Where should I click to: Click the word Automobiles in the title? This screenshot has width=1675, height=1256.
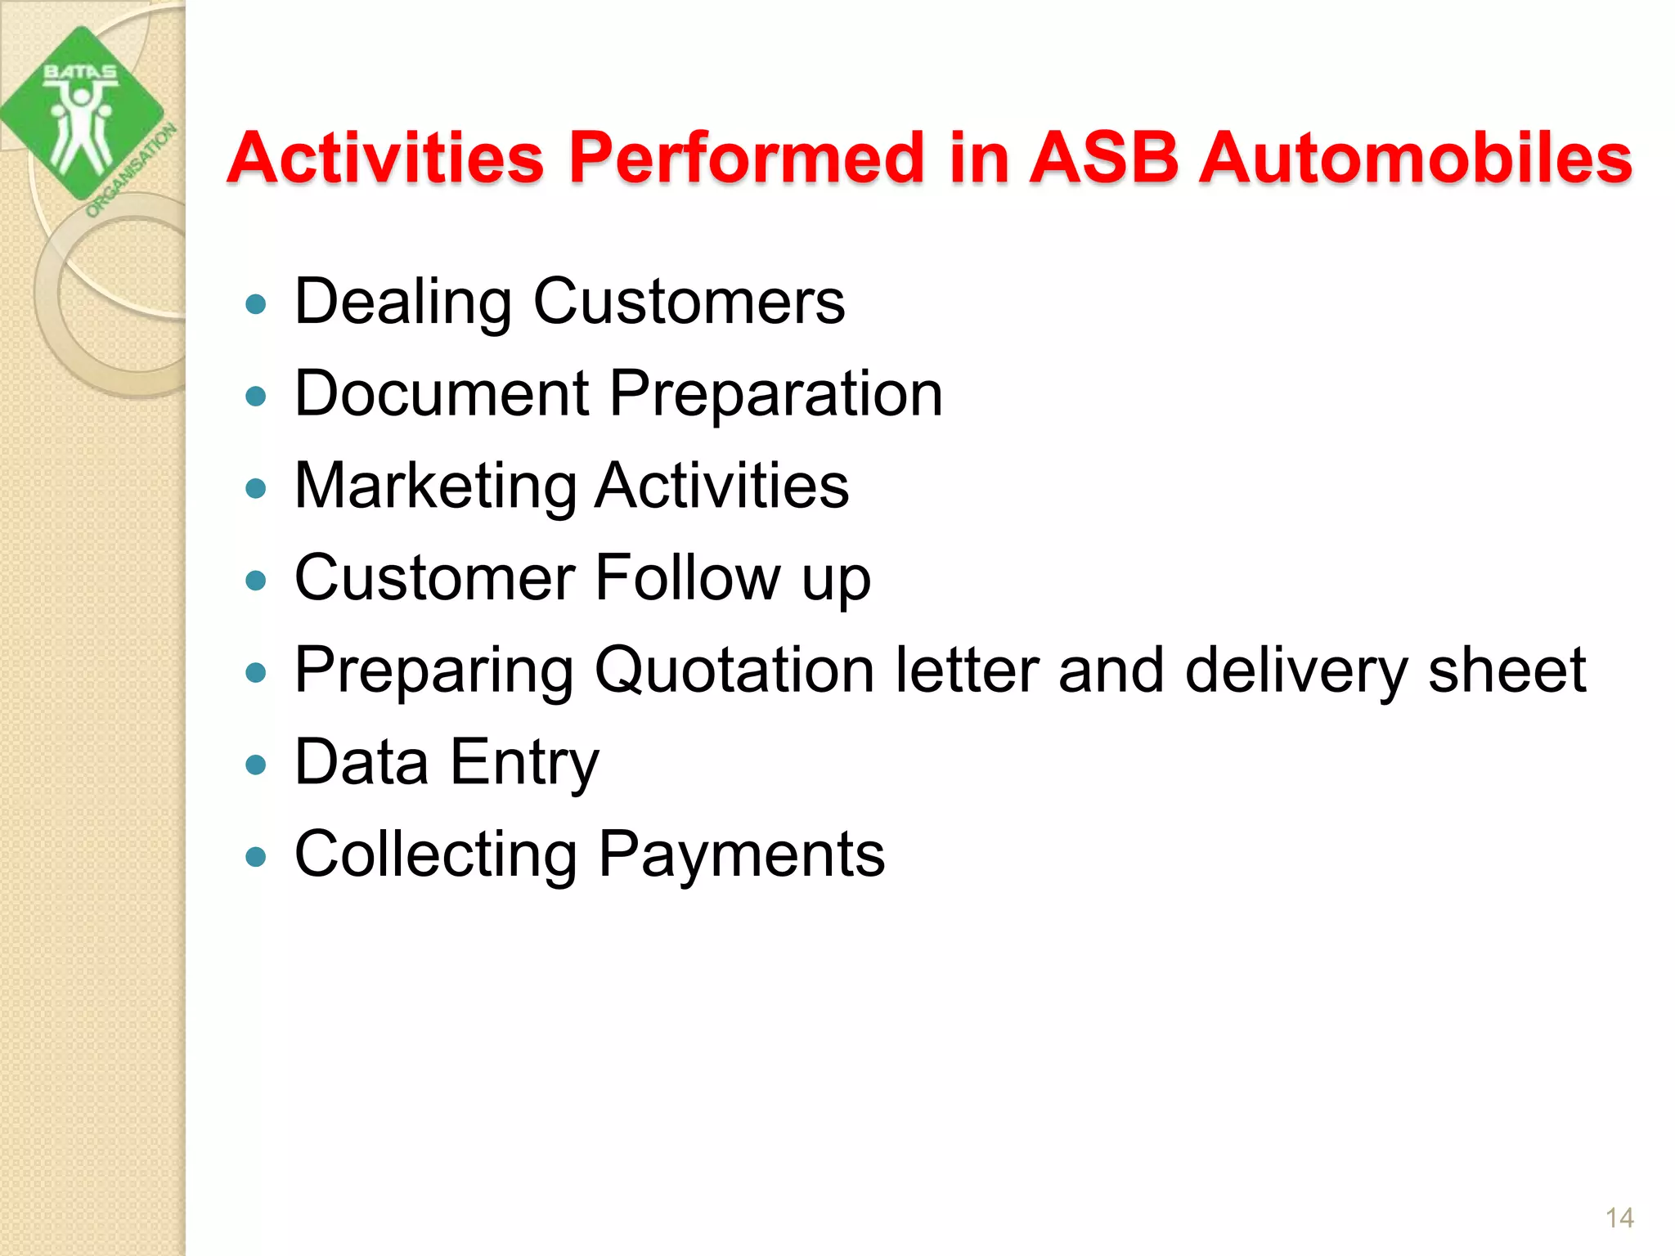1415,157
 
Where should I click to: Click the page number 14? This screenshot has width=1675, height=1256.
1619,1218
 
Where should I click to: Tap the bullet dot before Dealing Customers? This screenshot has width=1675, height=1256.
256,305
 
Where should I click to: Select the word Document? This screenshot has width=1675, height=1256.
442,393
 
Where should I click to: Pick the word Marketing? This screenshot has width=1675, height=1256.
435,486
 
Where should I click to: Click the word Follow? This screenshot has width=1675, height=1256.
687,577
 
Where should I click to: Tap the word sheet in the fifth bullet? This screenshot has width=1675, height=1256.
1507,670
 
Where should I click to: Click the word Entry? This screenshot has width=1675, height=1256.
524,763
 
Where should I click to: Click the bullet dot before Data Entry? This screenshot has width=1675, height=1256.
256,765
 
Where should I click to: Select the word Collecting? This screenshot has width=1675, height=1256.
435,855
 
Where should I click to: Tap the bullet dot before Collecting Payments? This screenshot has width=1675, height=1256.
256,857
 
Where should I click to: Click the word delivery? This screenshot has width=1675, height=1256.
1296,671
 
